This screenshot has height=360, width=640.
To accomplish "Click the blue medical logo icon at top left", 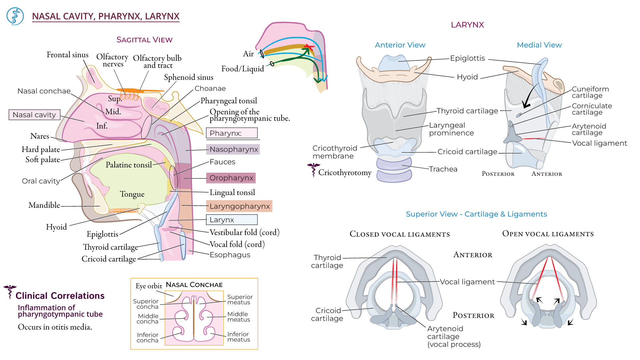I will pos(15,16).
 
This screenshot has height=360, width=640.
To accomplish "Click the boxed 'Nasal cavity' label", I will pos(34,115).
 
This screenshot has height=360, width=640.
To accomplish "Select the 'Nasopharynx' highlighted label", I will pos(233,149).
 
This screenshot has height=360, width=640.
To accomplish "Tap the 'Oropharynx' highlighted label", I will pos(231,178).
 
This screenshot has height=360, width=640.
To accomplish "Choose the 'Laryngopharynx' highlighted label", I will pos(239,206).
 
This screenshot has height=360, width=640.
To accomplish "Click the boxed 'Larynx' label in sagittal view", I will pos(232,220).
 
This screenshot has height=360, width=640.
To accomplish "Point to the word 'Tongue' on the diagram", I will pos(132,194).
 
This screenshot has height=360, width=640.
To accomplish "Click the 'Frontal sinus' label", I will pos(67,55).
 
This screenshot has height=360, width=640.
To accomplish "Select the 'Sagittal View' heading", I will pos(144,40).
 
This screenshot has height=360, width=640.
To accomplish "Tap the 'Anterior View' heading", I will pos(400,45).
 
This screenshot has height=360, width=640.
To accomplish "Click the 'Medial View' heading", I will pos(539,45).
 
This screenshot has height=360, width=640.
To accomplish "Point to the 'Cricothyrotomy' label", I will pos(345,173).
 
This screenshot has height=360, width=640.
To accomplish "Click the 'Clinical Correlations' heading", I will pos(60,296).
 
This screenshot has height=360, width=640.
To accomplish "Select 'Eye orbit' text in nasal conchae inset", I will pos(149,286).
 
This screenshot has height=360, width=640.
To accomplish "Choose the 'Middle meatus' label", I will pos(238,317).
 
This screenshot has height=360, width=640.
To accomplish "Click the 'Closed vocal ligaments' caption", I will pos(400,234).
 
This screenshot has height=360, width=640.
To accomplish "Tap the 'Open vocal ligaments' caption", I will pos(548,234).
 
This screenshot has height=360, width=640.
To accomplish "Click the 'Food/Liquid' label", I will pos(242,69).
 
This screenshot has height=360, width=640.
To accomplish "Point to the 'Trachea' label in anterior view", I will pos(443,169).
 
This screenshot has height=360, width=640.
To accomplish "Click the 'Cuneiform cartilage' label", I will pos(590,92).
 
